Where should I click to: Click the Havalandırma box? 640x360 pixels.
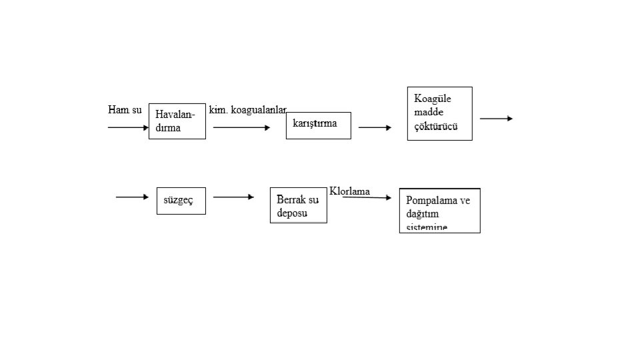pyautogui.click(x=177, y=121)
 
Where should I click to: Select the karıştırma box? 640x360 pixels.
pyautogui.click(x=318, y=125)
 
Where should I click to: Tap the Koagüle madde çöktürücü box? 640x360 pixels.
pyautogui.click(x=439, y=113)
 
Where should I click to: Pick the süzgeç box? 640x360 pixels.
pyautogui.click(x=181, y=200)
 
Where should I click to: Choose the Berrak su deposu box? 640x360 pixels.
pyautogui.click(x=298, y=205)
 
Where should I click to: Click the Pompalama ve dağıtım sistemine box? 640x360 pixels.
pyautogui.click(x=439, y=211)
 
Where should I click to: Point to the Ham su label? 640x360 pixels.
pyautogui.click(x=125, y=109)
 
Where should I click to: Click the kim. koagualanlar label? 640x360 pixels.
pyautogui.click(x=247, y=109)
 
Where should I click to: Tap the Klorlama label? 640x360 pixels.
pyautogui.click(x=349, y=191)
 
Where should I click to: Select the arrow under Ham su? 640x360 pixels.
pyautogui.click(x=128, y=127)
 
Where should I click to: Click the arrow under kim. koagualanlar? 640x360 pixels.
pyautogui.click(x=241, y=127)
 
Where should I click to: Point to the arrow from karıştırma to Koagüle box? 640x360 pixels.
pyautogui.click(x=375, y=127)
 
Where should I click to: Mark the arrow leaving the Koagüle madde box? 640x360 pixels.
pyautogui.click(x=496, y=119)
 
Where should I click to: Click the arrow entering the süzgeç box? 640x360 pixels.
pyautogui.click(x=132, y=197)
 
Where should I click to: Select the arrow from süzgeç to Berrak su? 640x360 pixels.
pyautogui.click(x=233, y=197)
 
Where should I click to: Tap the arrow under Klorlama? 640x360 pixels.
pyautogui.click(x=367, y=197)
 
